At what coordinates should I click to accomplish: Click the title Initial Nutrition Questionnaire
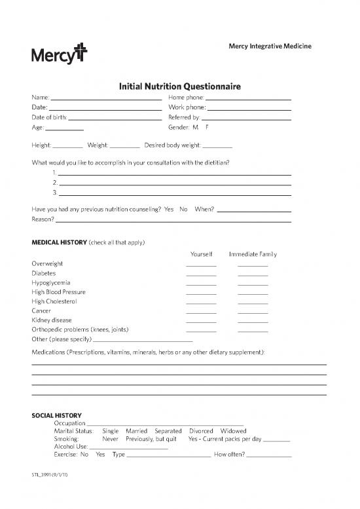(179, 86)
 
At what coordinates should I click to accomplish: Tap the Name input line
(106, 98)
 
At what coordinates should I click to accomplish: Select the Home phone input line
(248, 98)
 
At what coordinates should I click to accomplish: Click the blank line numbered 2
(175, 184)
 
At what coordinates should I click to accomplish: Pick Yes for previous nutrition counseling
(169, 209)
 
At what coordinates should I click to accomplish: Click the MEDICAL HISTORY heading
(59, 242)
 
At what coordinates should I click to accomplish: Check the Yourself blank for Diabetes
(201, 274)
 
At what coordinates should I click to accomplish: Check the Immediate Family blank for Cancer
(253, 312)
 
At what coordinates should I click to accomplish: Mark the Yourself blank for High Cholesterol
(201, 303)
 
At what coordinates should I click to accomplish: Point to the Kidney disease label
(52, 320)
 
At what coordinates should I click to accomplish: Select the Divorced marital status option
(200, 431)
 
